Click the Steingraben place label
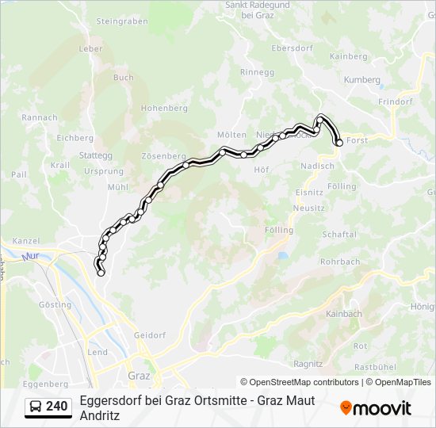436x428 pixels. (x=122, y=21)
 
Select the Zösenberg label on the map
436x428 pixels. (x=163, y=156)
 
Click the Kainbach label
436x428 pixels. (x=343, y=314)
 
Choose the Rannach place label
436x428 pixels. (x=40, y=117)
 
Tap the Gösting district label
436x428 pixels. (x=54, y=304)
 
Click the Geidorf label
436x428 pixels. (x=149, y=335)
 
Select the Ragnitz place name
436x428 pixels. (x=308, y=364)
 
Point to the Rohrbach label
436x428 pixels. (x=339, y=262)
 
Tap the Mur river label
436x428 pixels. (x=31, y=257)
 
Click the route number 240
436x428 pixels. (x=56, y=407)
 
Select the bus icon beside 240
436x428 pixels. (x=36, y=407)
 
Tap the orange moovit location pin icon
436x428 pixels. (x=346, y=407)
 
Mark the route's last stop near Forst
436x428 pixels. (x=339, y=143)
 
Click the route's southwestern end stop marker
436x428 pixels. (x=101, y=273)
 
